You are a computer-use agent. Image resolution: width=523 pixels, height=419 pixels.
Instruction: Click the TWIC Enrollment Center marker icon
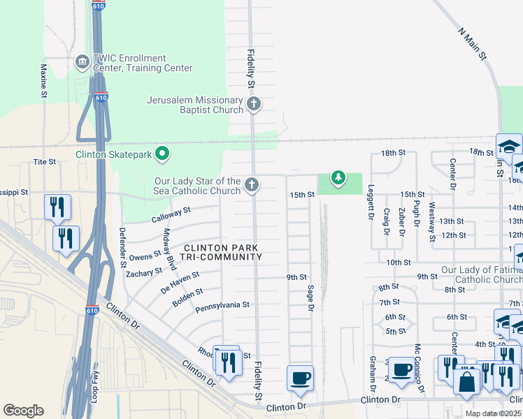83,63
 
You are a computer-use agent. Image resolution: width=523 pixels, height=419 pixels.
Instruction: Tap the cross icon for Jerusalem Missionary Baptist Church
253,105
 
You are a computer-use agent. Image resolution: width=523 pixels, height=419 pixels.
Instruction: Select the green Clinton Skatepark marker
162,152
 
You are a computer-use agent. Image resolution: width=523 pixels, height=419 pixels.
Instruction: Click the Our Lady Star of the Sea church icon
252,185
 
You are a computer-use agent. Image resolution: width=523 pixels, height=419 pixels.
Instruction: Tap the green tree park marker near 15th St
338,179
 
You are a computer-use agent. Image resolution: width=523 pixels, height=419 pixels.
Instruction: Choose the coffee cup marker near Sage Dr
300,378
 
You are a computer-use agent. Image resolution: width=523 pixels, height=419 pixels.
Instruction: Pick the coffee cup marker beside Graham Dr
401,369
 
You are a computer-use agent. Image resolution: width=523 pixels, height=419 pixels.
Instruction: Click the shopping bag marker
466,383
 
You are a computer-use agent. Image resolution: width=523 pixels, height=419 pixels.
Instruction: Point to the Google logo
23,410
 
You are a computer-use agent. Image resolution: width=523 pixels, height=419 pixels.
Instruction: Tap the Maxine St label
43,80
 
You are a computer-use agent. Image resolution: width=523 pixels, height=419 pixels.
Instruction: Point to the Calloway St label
171,214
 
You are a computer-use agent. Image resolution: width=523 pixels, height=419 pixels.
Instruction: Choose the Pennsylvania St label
222,305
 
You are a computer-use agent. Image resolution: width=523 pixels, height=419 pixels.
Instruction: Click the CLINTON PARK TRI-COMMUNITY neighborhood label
222,252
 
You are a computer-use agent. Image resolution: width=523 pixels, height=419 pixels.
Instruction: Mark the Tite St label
44,161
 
